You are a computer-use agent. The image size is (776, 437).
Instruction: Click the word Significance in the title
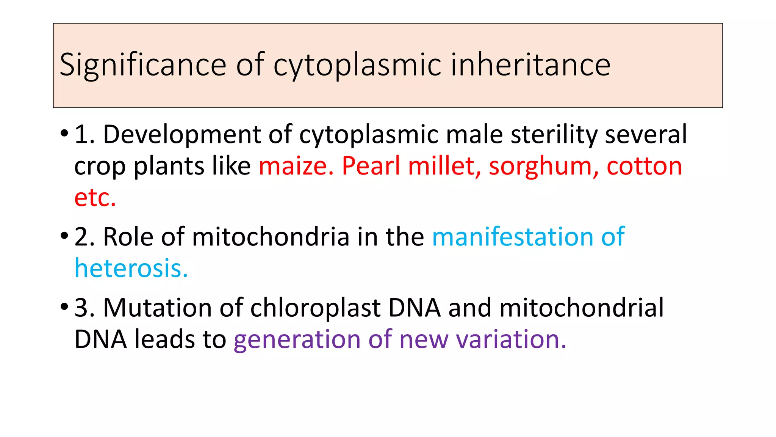(143, 65)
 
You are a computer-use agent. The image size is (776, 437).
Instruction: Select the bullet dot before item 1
(64, 134)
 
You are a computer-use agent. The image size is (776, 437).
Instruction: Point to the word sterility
(554, 135)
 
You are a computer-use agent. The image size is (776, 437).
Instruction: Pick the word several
(646, 135)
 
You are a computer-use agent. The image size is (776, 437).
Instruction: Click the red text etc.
(95, 198)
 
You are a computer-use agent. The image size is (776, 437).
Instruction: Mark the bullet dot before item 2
(64, 236)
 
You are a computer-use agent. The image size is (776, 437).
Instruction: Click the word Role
(128, 237)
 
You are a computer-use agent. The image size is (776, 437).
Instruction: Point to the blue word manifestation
(512, 237)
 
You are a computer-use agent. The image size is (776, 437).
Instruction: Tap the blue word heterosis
(131, 269)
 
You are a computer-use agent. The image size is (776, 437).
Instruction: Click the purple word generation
(297, 340)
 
